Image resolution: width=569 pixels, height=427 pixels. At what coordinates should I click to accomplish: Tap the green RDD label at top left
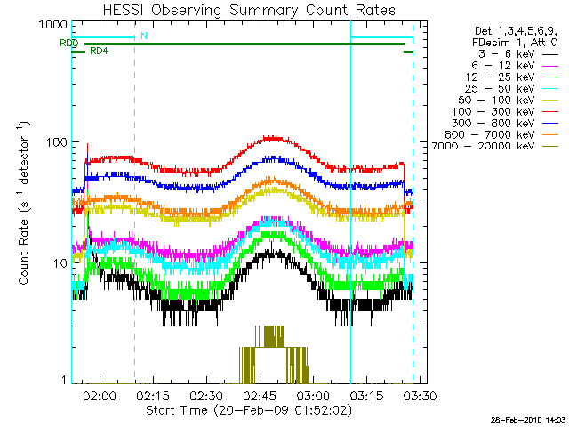(69, 43)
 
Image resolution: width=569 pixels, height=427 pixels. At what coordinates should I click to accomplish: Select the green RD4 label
(100, 52)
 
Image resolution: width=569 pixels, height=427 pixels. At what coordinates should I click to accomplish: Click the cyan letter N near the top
(145, 36)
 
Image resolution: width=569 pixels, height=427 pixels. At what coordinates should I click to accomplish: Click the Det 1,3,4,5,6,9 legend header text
(515, 31)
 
